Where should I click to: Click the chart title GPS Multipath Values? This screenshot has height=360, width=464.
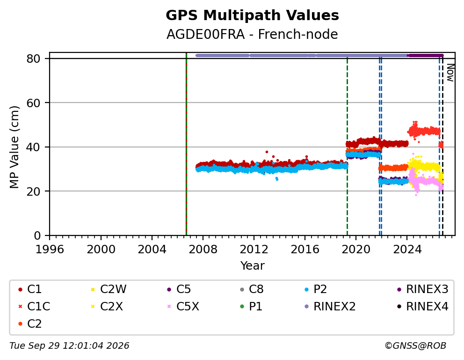click(252, 15)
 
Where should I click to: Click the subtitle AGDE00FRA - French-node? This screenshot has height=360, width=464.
click(252, 35)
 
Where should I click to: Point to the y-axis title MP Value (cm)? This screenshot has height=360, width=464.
click(14, 147)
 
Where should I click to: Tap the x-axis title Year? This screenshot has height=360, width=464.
click(252, 265)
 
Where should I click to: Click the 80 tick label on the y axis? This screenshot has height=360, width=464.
click(33, 59)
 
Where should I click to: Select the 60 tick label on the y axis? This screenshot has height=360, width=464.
click(33, 103)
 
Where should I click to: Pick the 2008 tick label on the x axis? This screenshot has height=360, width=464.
click(203, 249)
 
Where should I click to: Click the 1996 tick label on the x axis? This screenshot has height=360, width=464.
click(50, 249)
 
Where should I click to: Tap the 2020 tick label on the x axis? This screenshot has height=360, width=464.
click(356, 249)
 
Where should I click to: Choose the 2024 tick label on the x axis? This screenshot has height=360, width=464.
click(407, 249)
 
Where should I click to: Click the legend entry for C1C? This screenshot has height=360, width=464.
click(34, 307)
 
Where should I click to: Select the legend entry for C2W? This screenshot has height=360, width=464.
click(109, 289)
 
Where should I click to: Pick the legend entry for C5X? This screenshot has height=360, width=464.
click(183, 307)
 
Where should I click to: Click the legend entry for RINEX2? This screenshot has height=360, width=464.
click(330, 307)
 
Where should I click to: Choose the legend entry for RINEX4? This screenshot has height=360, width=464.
click(422, 307)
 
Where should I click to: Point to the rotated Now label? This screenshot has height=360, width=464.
click(450, 73)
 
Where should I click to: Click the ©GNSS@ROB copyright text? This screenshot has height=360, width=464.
click(415, 345)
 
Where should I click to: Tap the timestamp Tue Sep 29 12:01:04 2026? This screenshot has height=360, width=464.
click(69, 345)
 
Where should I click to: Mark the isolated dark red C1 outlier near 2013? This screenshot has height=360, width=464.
click(267, 152)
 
